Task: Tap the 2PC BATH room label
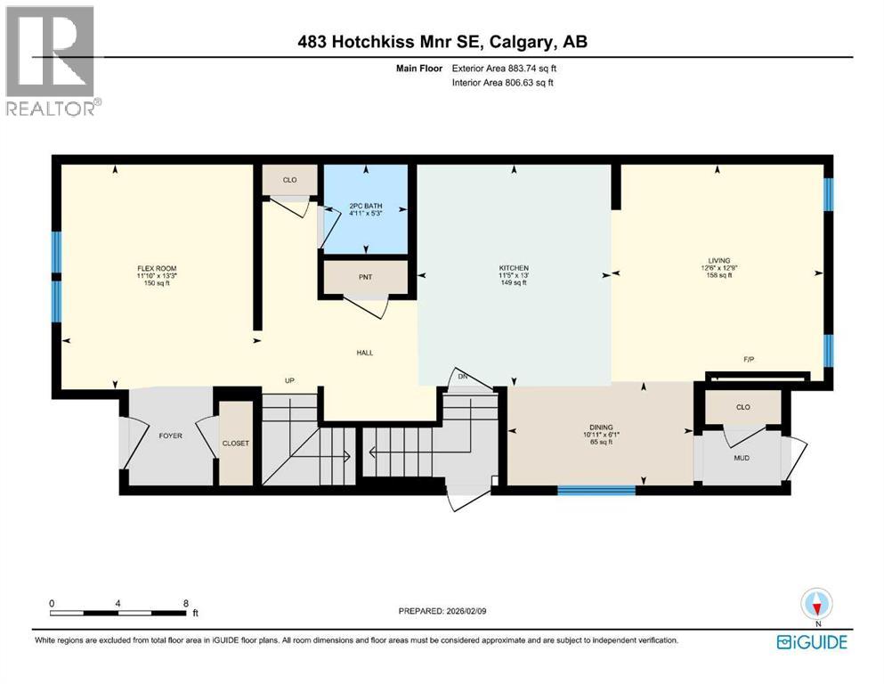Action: pos(365,206)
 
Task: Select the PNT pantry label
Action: pos(365,278)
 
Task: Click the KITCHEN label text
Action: pos(514,268)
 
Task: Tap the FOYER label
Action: pos(170,436)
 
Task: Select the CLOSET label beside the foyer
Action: pos(237,443)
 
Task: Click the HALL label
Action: pos(365,353)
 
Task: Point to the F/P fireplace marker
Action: pos(750,360)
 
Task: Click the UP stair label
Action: pos(289,380)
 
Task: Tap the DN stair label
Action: pos(461,377)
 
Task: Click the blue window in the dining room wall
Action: pos(596,489)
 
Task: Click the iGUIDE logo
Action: pos(811,642)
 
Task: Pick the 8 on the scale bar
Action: pos(184,603)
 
